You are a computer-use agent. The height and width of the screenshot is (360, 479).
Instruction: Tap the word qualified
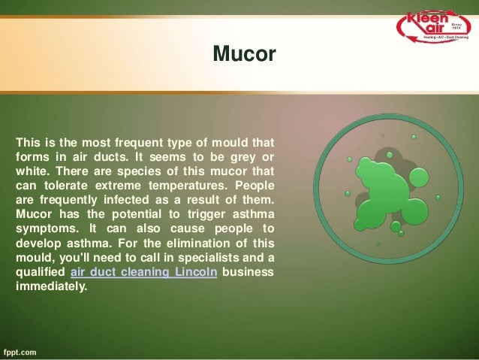coord(40,272)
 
